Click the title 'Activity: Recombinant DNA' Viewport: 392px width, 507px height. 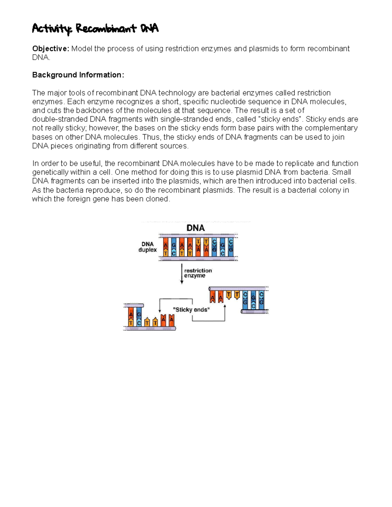(95, 29)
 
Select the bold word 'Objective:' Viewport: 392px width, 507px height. (51, 49)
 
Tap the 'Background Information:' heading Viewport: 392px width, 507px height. (78, 75)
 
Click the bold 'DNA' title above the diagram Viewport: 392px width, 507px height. (195, 228)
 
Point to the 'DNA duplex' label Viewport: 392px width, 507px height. (147, 247)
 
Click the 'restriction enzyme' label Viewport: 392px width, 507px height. (198, 273)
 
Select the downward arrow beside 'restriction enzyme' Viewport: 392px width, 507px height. (182, 274)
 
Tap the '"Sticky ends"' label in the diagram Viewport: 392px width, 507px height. (191, 309)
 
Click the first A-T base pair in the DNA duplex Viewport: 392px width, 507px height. (166, 247)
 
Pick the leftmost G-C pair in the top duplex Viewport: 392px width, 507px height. (173, 247)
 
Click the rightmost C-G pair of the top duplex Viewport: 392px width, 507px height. (231, 247)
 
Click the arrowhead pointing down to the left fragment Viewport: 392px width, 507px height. (160, 310)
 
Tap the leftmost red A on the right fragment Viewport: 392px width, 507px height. (213, 297)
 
